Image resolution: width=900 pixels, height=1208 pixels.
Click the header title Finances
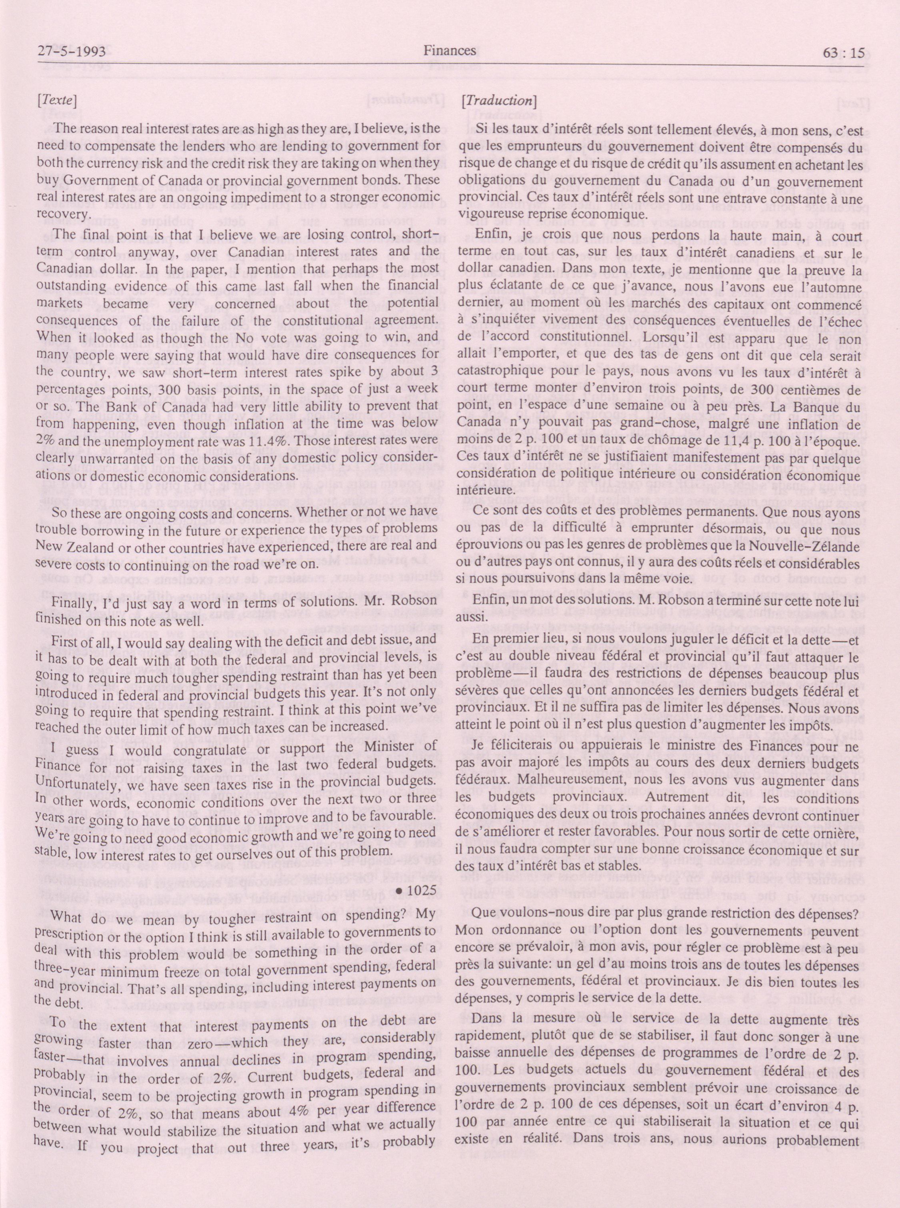(x=450, y=51)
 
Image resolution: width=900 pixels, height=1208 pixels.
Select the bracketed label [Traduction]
(x=499, y=101)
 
